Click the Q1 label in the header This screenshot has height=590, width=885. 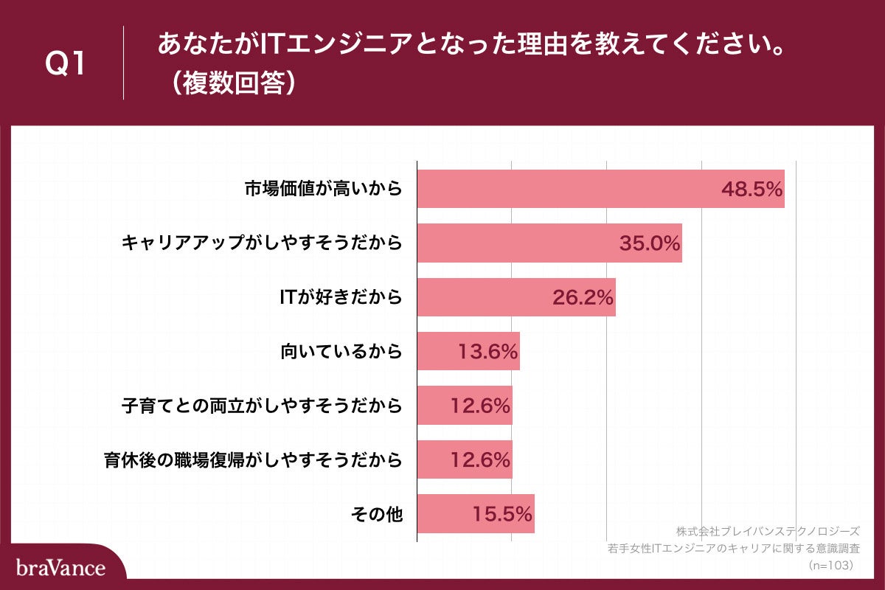[66, 65]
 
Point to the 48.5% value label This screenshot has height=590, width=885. [751, 189]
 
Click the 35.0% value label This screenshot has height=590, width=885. [649, 243]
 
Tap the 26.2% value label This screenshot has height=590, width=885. [583, 298]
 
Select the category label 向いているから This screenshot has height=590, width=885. [341, 352]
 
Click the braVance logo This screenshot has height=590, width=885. [60, 568]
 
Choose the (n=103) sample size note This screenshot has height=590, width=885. [830, 565]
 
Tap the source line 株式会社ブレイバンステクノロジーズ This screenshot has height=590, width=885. [767, 531]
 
